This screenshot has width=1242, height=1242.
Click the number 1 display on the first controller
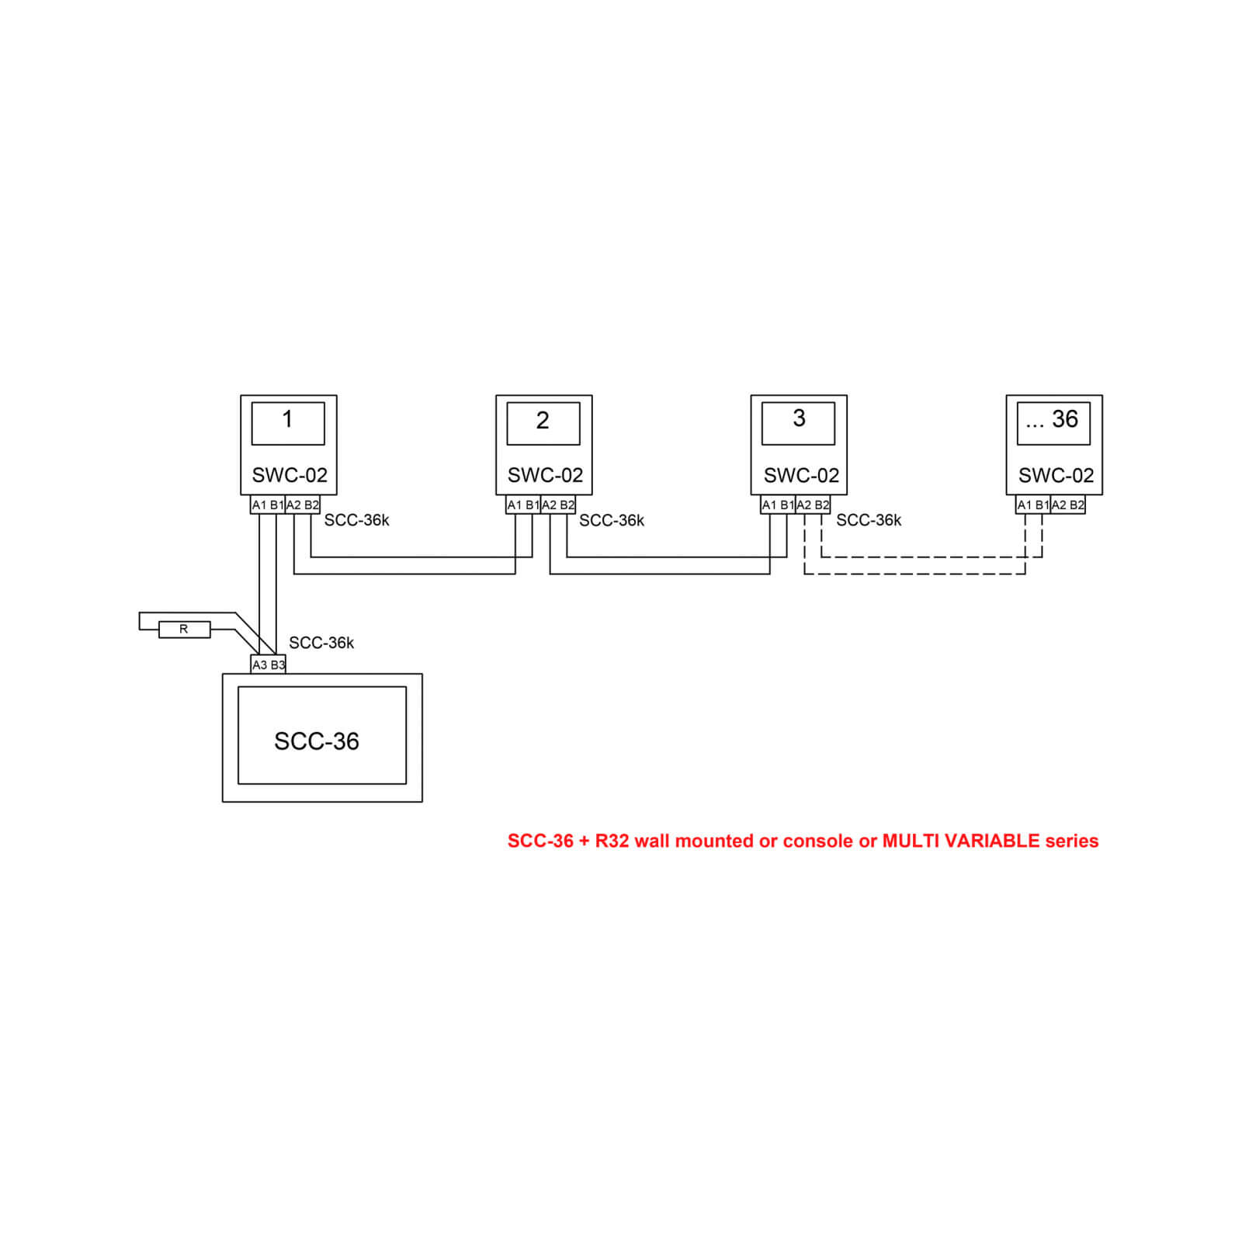coord(288,423)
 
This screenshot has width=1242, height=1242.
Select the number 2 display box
coord(543,423)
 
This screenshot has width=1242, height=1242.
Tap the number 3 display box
coord(798,423)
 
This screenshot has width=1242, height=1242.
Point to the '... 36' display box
coord(1053,423)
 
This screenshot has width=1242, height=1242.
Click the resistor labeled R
coord(184,630)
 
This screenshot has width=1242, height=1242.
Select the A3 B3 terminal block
coord(269,664)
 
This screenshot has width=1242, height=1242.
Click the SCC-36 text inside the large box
coord(317,741)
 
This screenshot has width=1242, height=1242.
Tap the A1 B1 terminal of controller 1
coord(268,505)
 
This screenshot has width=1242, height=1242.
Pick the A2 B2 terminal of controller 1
coord(303,505)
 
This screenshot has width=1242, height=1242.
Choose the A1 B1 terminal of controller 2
coord(523,505)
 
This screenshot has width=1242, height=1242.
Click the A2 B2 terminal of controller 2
coord(558,505)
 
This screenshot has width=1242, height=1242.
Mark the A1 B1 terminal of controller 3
coord(778,505)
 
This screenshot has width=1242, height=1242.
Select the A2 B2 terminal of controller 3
coord(813,505)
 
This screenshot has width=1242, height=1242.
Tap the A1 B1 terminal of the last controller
coord(1033,505)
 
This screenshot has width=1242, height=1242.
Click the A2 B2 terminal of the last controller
coord(1068,505)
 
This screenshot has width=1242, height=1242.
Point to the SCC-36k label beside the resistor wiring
coord(321,643)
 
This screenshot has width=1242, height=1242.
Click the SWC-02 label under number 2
coord(545,475)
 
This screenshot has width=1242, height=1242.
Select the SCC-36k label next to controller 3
coord(869,520)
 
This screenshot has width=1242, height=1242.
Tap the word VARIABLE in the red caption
coord(990,841)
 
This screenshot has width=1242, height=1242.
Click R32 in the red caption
coord(612,841)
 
